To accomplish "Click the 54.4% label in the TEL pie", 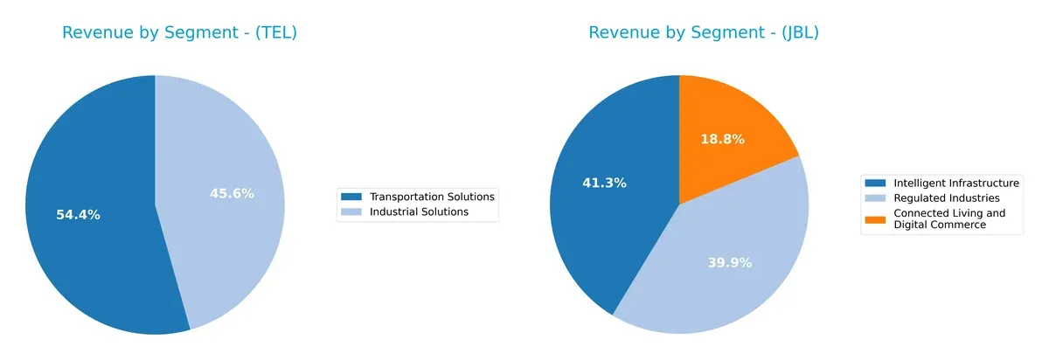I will [x=79, y=215].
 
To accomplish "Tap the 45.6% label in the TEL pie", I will [x=232, y=194].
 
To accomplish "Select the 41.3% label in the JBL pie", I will [x=604, y=183].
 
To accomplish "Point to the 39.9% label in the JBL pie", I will [x=729, y=262].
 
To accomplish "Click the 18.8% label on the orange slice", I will [x=722, y=140].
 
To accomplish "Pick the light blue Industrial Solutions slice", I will [x=236, y=245].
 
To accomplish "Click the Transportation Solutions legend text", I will [x=432, y=197].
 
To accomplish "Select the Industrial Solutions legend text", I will [x=419, y=211].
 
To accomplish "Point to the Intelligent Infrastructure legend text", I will [x=955, y=183].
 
